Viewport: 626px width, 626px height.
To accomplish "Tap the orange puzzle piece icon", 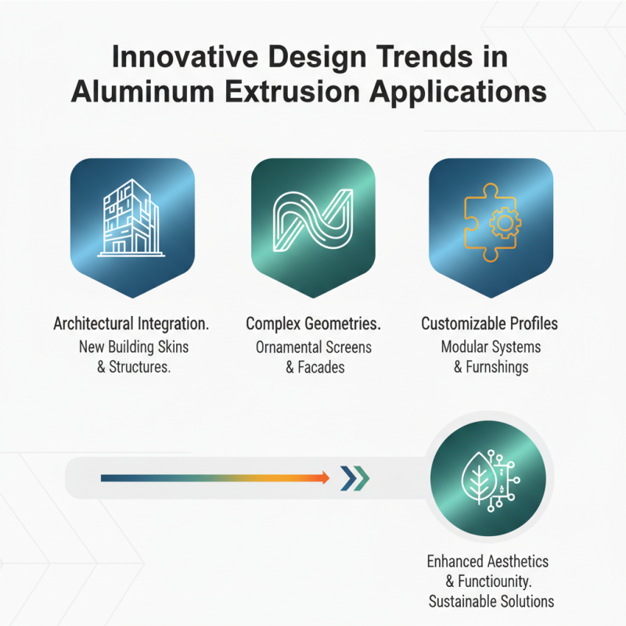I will [491, 221].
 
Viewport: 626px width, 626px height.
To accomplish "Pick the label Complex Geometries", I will [313, 324].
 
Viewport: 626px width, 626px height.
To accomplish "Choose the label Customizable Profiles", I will [490, 324].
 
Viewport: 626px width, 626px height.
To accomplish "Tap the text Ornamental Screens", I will [313, 346].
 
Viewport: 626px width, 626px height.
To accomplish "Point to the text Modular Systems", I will [491, 346].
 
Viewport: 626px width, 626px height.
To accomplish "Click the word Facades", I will [321, 367].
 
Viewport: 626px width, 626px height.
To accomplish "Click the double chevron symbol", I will [354, 477].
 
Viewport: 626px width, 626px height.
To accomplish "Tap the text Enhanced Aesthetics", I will [487, 562].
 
